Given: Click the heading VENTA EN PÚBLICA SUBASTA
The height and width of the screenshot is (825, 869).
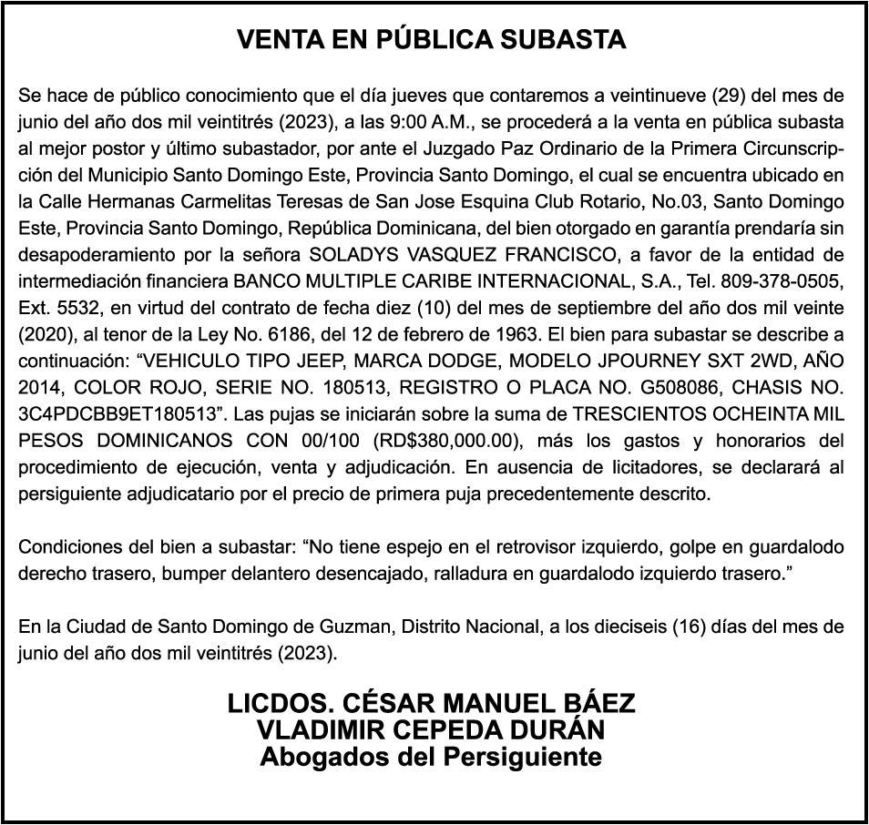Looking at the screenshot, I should click(432, 39).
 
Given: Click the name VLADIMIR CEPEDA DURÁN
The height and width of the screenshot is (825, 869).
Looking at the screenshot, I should click(432, 730).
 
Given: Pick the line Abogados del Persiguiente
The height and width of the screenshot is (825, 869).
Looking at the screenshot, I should click(432, 757).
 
